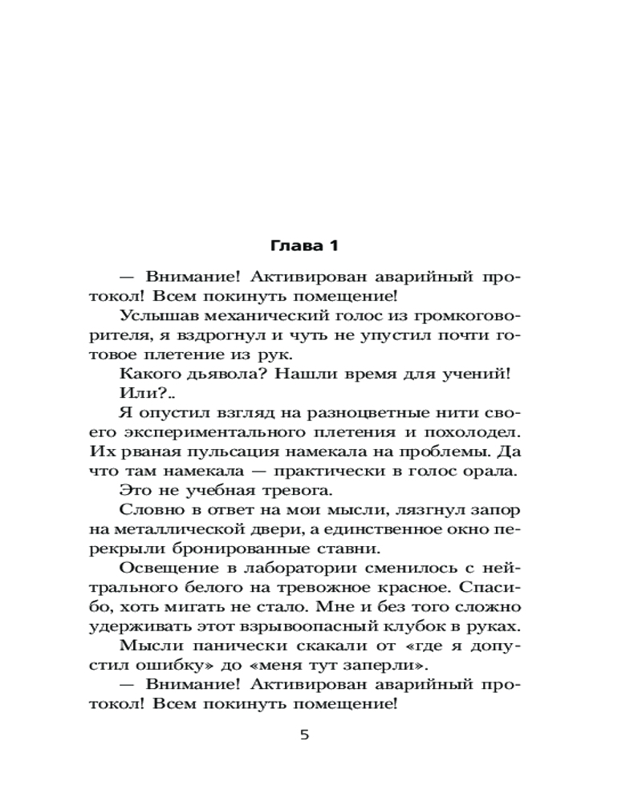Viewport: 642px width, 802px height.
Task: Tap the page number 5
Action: coord(304,735)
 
